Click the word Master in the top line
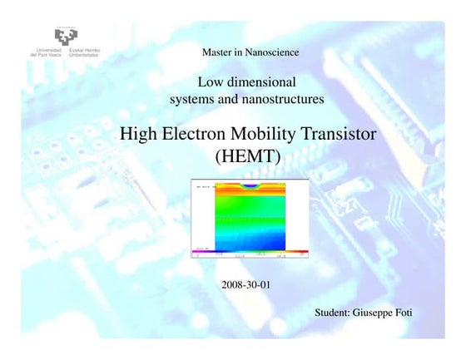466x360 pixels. point(219,53)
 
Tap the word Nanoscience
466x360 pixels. point(271,53)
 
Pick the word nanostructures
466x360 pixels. point(280,100)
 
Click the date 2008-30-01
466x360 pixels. point(246,284)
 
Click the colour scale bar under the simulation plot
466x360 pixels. point(250,250)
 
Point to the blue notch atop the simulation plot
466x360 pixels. point(250,187)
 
